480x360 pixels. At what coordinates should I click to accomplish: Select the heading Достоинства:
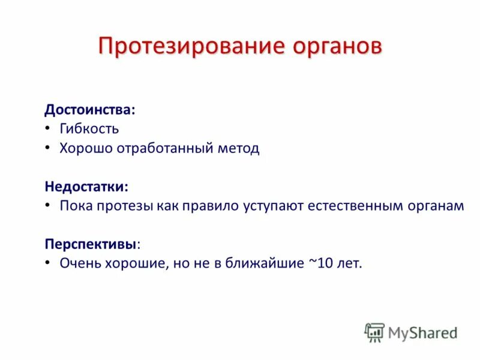(x=90, y=110)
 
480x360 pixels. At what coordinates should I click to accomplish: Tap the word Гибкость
(x=89, y=129)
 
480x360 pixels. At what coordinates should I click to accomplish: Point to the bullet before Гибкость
(x=48, y=129)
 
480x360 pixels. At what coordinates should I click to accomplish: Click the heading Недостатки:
(x=86, y=187)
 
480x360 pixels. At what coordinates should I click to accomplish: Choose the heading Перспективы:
(x=93, y=244)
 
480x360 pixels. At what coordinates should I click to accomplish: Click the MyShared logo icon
(x=374, y=332)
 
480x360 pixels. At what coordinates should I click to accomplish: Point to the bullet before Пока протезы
(x=48, y=206)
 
